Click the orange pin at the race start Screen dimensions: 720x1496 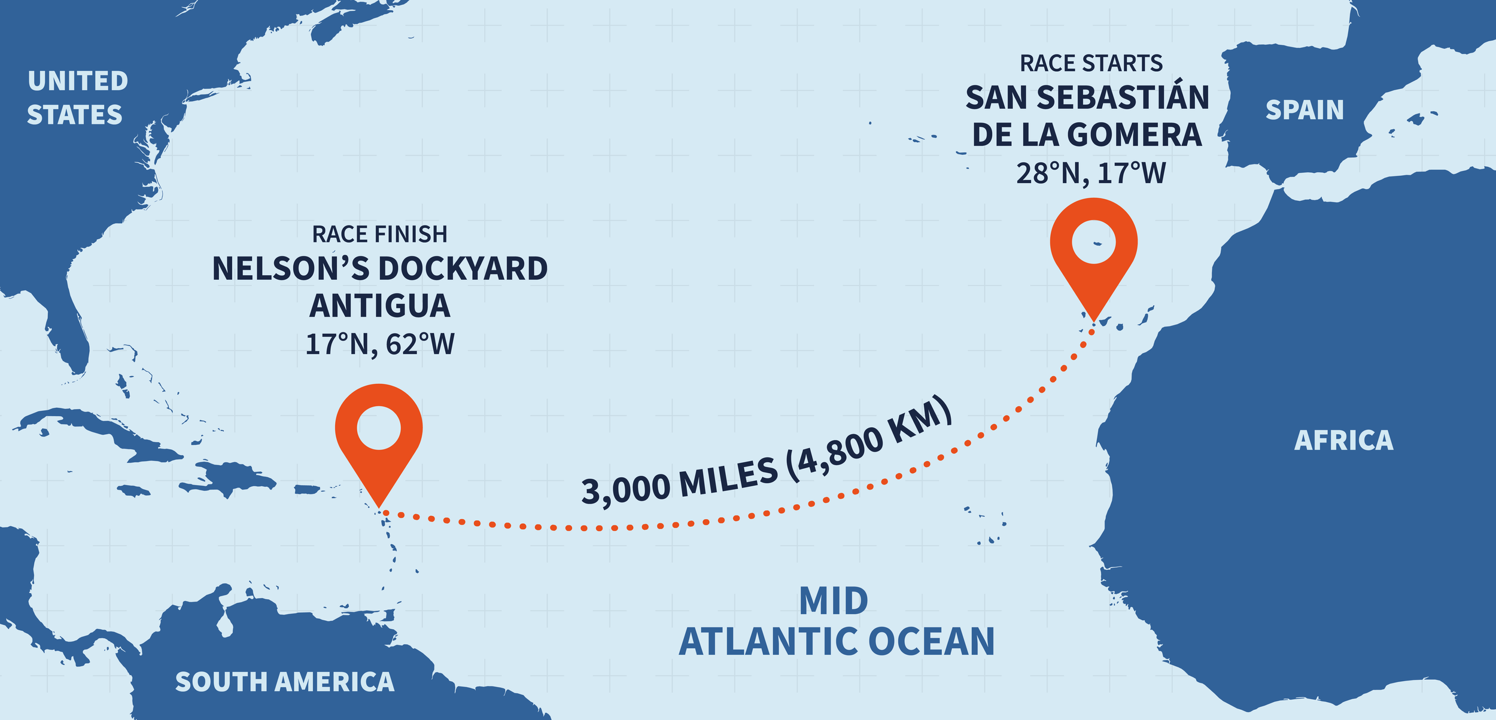[1093, 251]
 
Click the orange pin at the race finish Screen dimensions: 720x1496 [379, 437]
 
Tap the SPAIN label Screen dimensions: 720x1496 [1305, 111]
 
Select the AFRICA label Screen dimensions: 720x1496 [1344, 441]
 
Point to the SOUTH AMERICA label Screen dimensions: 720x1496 [284, 682]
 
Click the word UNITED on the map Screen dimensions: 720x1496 [78, 81]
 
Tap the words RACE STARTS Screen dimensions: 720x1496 [1091, 63]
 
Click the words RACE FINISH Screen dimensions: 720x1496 [379, 234]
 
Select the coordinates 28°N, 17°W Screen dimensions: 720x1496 [1091, 173]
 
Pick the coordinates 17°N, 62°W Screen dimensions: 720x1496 [379, 344]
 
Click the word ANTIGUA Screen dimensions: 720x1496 [379, 306]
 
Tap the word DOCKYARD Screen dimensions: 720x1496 [463, 269]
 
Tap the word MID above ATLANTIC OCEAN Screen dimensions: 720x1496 [833, 602]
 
